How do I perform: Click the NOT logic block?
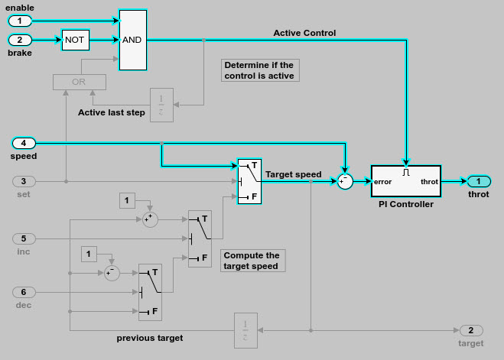pos(75,40)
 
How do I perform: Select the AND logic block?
pos(132,40)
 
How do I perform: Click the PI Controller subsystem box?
pos(405,182)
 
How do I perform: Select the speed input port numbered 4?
pos(24,143)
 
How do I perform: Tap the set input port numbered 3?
pos(24,181)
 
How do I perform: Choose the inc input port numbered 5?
pos(24,238)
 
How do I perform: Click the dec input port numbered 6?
pos(24,292)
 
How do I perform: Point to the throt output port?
pos(478,182)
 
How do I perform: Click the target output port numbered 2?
pos(471,330)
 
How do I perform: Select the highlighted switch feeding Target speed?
pos(249,181)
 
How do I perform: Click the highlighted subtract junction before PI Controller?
pos(346,182)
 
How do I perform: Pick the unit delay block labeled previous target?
pos(246,330)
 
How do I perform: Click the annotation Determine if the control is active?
pos(259,70)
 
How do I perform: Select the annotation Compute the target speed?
pos(252,261)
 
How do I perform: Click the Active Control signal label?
pos(304,33)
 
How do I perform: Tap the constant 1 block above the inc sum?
pos(128,200)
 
